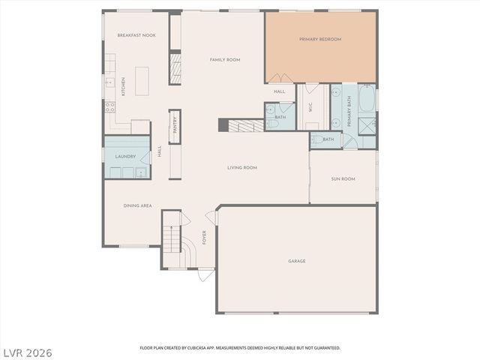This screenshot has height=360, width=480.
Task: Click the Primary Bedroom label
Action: click(320, 39)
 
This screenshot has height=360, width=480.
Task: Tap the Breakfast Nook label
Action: click(136, 35)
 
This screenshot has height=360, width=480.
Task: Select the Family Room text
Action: click(224, 59)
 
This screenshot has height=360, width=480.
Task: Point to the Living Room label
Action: click(241, 168)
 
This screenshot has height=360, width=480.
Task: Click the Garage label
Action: click(297, 261)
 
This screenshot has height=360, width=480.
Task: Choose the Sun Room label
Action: click(343, 179)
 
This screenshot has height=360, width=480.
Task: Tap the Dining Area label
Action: click(137, 205)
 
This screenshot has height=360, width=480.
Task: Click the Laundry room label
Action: click(125, 157)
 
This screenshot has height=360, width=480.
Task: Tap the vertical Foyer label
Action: click(203, 238)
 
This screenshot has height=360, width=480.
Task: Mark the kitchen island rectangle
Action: click(142, 81)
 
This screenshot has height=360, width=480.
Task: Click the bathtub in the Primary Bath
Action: click(367, 98)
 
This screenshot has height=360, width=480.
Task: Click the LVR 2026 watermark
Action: click(28, 351)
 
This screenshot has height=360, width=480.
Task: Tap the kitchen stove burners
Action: click(109, 107)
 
